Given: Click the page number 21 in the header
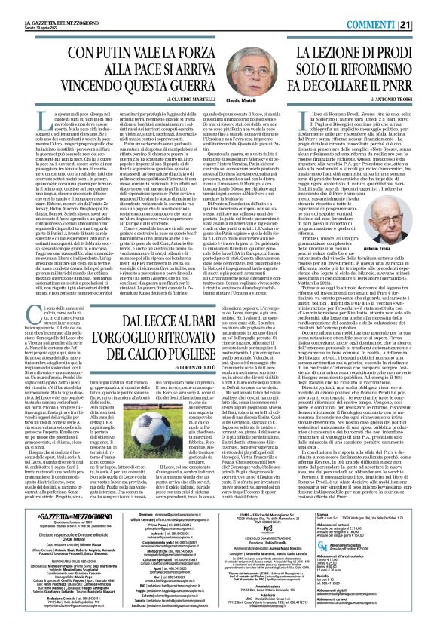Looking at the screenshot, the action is (425, 6).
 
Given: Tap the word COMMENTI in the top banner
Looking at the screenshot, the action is (388, 6).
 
